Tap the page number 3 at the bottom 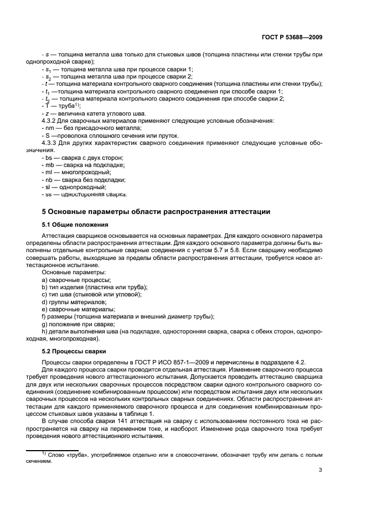click(x=321, y=471)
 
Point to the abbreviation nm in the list click(x=49, y=128)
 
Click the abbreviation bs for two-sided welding click(x=49, y=158)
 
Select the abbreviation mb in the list click(x=49, y=165)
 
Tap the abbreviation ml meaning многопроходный click(x=49, y=172)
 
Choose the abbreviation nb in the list click(x=49, y=179)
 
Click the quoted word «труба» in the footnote click(x=75, y=455)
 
